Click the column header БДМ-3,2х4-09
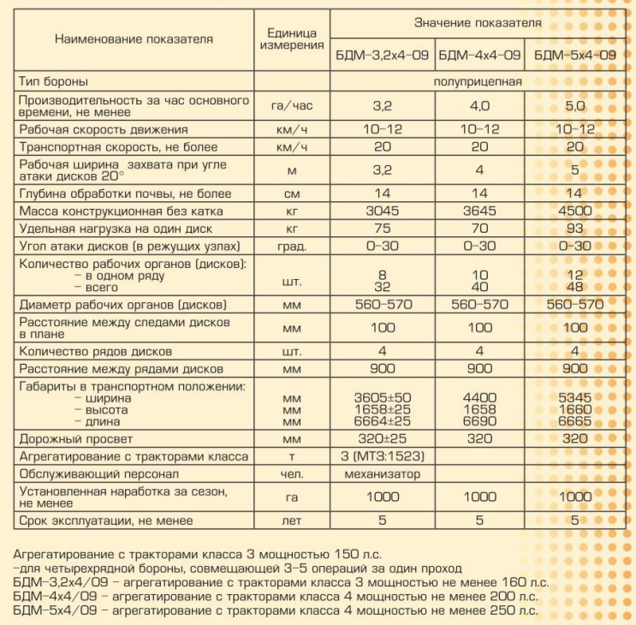[382, 55]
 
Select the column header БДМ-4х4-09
[479, 55]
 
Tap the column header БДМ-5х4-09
[575, 55]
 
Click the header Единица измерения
[291, 38]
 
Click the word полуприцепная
[478, 81]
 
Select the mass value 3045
[382, 210]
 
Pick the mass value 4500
[575, 210]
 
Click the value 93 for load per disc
[575, 228]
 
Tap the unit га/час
[291, 105]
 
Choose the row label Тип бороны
[53, 81]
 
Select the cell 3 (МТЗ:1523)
[382, 456]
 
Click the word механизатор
[382, 473]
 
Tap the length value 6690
[479, 422]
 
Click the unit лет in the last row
[291, 520]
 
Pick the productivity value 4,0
[479, 105]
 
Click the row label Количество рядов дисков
[95, 351]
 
